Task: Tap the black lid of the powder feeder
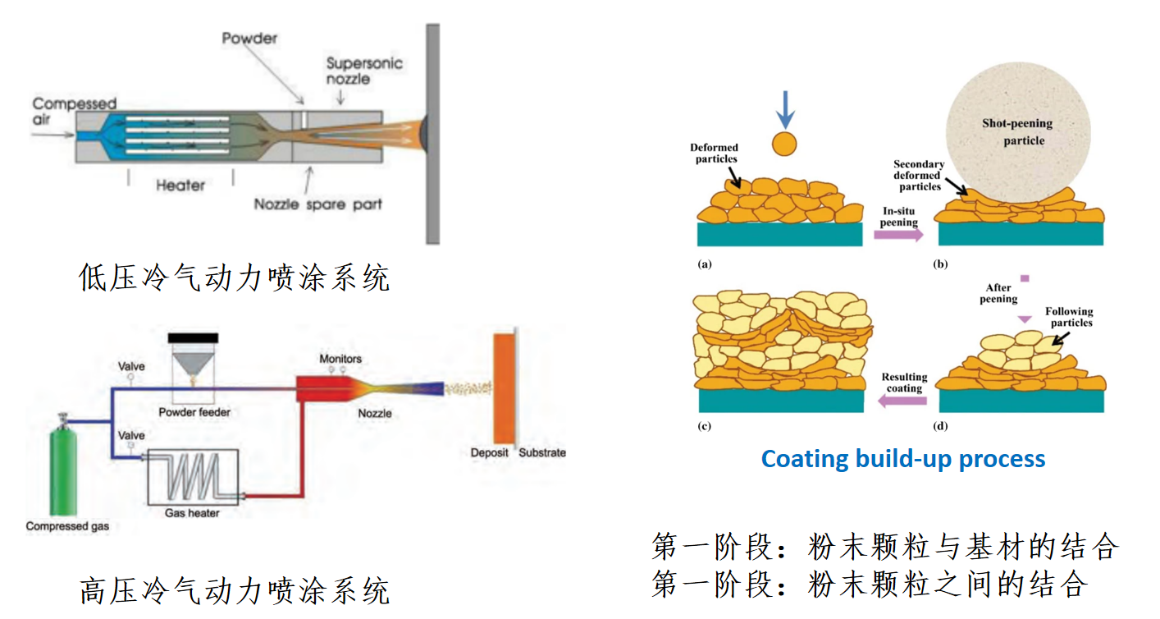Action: [193, 337]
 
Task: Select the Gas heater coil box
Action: [194, 479]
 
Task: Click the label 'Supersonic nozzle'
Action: [363, 71]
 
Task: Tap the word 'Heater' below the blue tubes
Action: [180, 186]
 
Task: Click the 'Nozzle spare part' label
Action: [317, 204]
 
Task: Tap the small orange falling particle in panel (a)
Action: [784, 144]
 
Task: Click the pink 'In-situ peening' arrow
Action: [897, 235]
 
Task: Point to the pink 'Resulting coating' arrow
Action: [902, 401]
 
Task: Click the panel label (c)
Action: [704, 426]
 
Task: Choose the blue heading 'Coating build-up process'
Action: [902, 458]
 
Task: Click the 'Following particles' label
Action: [1069, 317]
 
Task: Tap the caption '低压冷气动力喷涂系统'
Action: [234, 277]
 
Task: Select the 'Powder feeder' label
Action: [194, 412]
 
